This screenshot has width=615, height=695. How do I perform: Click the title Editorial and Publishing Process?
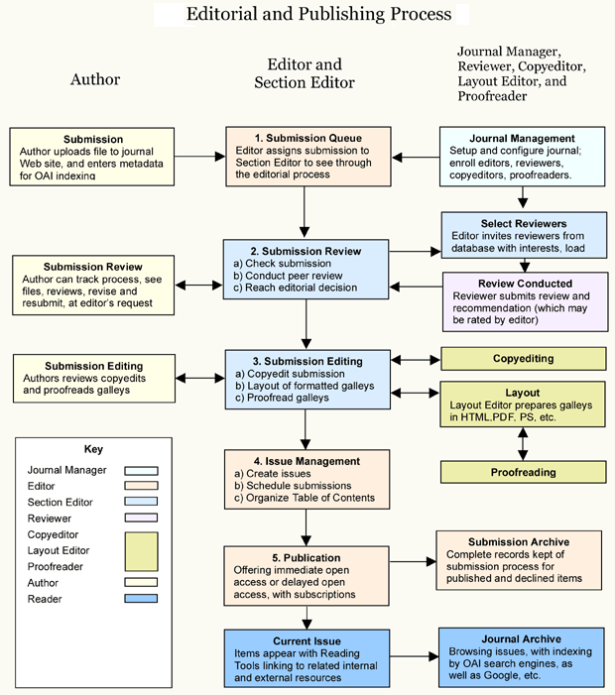[318, 14]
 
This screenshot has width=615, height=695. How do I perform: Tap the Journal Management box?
[522, 156]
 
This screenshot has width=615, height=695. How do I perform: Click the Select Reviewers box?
[523, 237]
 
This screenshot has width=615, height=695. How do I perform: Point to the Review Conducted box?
[523, 301]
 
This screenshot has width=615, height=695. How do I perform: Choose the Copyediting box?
[523, 358]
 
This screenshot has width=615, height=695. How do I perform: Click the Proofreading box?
[523, 473]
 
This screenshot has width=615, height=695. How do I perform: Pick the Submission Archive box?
[519, 560]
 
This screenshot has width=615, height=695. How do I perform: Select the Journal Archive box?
[522, 657]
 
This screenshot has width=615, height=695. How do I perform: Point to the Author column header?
[95, 79]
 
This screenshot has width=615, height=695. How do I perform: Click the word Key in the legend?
[93, 448]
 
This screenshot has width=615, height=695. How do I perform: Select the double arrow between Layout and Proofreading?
[523, 443]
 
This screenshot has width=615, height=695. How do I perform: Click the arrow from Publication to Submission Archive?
[411, 561]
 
